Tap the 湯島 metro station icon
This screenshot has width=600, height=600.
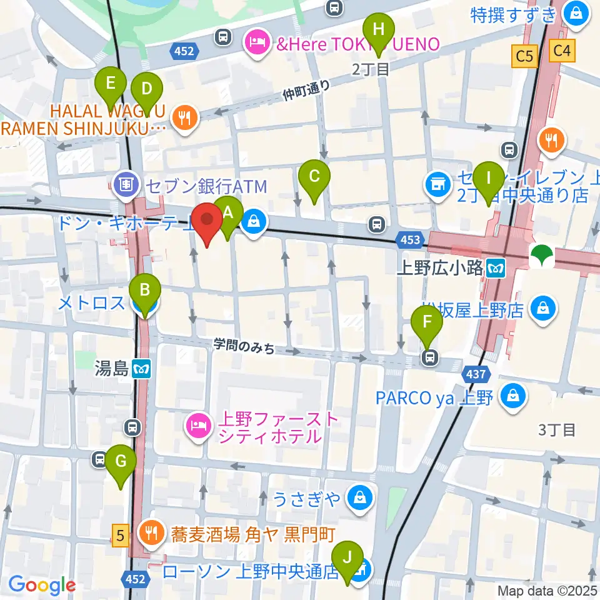click(142, 369)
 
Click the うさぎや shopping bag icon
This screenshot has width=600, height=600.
click(359, 498)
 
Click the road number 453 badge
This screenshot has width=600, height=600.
click(408, 238)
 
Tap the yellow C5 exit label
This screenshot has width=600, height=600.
click(524, 57)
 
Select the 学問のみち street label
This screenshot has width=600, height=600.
click(244, 345)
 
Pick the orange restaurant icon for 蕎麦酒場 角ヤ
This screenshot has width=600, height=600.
click(151, 534)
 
